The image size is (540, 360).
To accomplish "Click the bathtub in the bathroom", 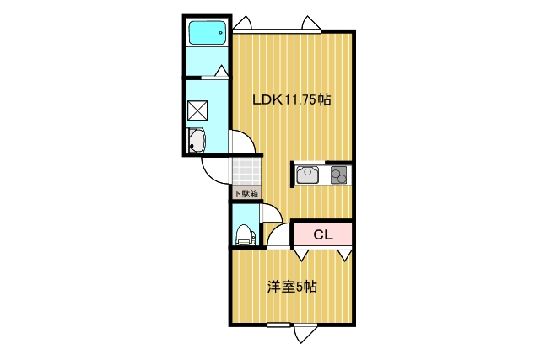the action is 208,33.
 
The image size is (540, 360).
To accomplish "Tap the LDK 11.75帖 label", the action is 292,99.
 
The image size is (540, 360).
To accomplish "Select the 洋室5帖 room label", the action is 292,287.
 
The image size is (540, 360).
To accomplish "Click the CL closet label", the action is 323,235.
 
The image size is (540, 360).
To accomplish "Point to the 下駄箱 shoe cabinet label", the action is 246,193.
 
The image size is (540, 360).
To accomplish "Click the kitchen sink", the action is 307,175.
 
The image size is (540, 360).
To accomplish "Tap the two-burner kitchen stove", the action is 338,175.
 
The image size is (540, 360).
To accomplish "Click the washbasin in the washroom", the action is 196,141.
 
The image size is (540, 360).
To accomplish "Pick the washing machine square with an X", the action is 197,110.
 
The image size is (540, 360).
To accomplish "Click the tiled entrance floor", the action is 246,172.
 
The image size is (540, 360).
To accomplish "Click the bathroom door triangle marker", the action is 221,71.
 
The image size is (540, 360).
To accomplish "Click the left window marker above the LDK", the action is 243,23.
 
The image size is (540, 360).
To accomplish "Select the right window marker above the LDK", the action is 311,23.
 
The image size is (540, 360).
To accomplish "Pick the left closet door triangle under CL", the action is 301,255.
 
